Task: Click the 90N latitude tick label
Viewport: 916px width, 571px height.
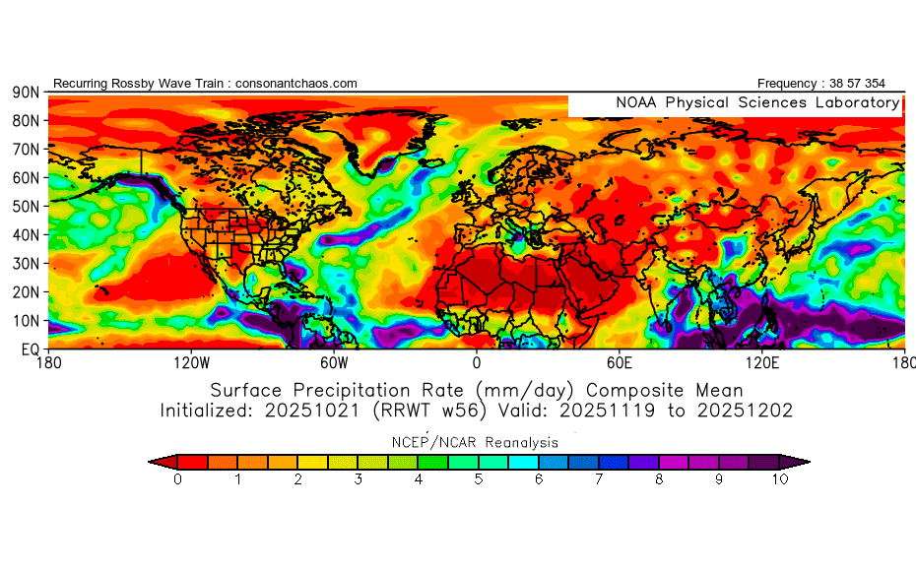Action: point(25,92)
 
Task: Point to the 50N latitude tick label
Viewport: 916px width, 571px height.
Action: point(25,206)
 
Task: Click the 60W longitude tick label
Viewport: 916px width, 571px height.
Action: point(334,362)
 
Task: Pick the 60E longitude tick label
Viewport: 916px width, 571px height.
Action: point(620,362)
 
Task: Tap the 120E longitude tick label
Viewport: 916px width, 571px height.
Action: point(761,362)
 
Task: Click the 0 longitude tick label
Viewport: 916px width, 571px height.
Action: point(477,362)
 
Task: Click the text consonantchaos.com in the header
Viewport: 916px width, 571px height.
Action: point(296,84)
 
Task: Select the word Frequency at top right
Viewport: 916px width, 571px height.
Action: point(789,84)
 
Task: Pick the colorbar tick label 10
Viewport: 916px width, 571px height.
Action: point(780,479)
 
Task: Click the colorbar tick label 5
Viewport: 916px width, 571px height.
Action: point(479,479)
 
